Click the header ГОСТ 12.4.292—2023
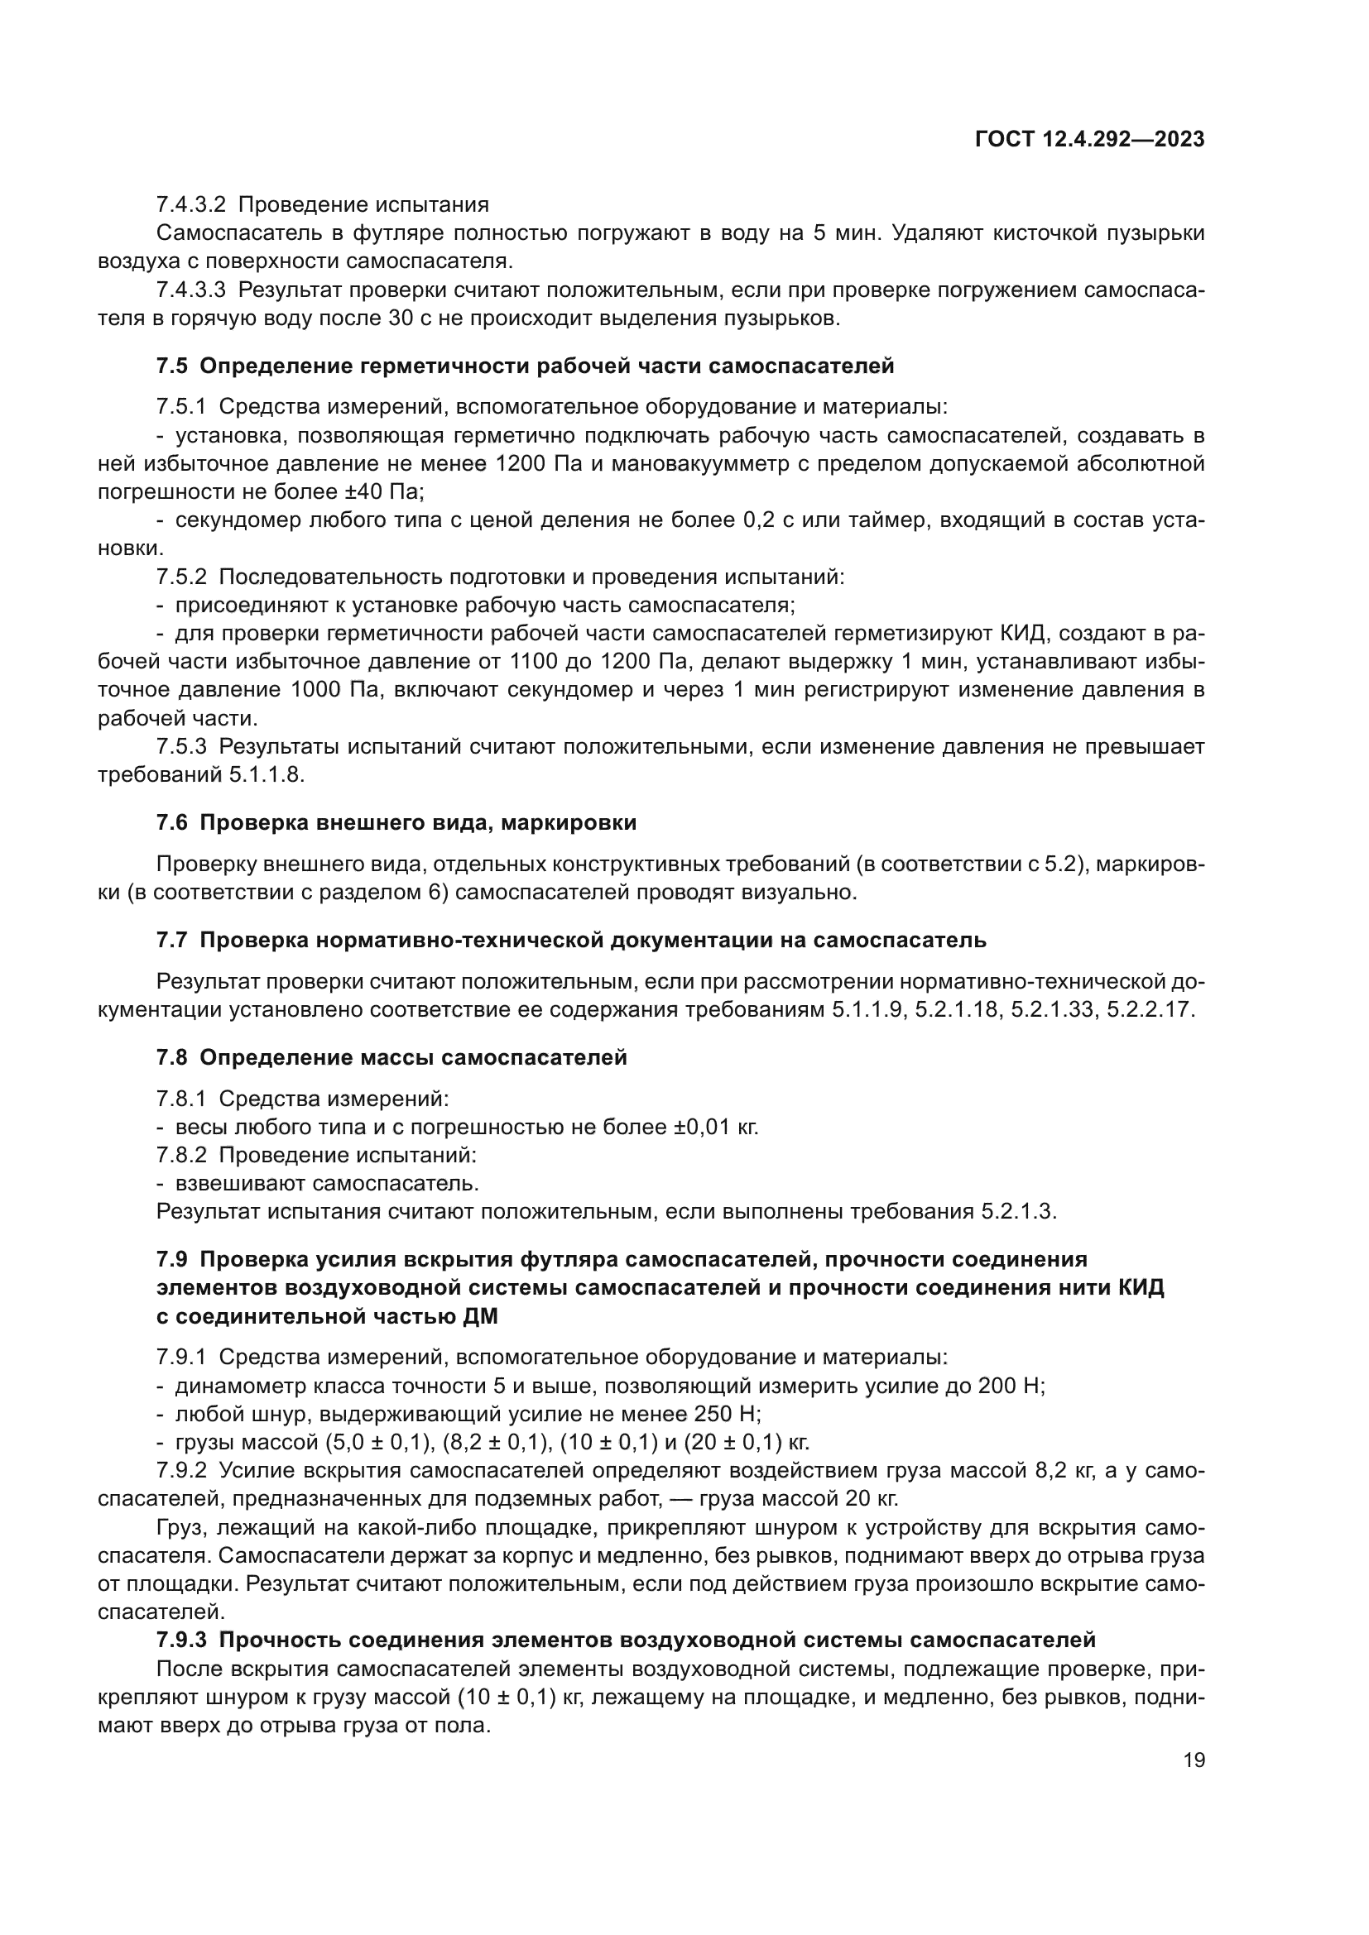click(x=1089, y=140)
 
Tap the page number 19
click(x=1194, y=1760)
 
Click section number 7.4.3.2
click(x=190, y=205)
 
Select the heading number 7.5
click(x=172, y=366)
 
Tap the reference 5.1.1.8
click(x=266, y=775)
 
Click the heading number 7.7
click(x=172, y=941)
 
